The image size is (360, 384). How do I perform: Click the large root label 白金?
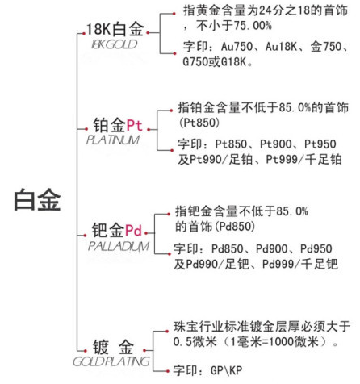click(x=37, y=199)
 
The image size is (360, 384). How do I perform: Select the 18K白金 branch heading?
click(x=115, y=29)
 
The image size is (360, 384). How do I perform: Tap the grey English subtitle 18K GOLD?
click(x=115, y=44)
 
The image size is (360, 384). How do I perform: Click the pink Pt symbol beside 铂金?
click(x=134, y=125)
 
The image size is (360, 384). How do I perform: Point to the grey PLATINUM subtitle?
click(x=113, y=140)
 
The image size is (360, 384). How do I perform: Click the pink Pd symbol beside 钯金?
click(x=133, y=230)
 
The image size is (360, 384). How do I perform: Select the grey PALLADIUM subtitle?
click(x=119, y=246)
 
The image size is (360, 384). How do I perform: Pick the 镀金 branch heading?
click(x=113, y=347)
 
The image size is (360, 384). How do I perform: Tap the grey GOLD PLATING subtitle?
click(x=111, y=361)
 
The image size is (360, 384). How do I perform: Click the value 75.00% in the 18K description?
click(x=253, y=26)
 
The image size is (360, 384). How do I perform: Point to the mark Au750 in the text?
click(x=237, y=47)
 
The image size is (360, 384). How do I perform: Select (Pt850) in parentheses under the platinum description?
click(x=199, y=123)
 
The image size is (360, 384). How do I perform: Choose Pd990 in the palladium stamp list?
click(x=202, y=264)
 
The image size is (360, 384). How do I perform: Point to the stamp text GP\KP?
click(x=226, y=370)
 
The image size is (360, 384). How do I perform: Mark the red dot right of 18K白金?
click(x=148, y=33)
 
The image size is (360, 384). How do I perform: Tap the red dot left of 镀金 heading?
click(x=86, y=351)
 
